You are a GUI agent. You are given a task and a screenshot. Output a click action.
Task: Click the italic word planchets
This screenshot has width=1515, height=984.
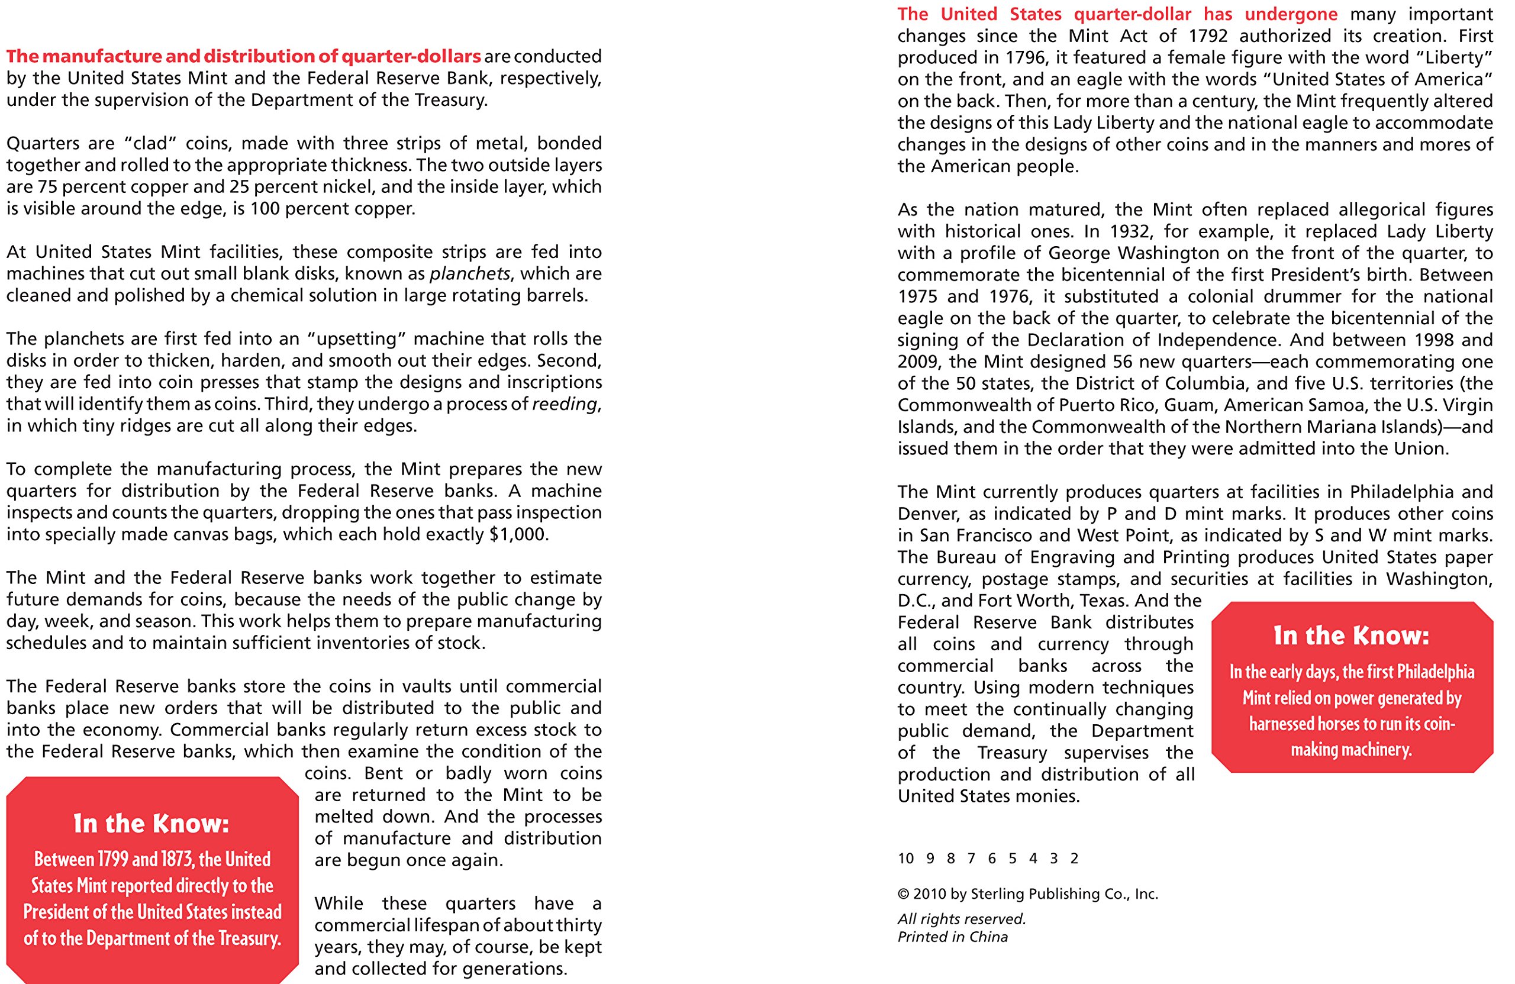click(x=470, y=275)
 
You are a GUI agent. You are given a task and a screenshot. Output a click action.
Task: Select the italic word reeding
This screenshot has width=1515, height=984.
click(x=565, y=405)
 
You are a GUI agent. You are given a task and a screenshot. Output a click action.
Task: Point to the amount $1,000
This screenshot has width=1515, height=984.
click(x=517, y=535)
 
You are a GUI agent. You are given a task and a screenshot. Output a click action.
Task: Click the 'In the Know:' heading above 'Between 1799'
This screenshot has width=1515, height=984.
click(x=151, y=824)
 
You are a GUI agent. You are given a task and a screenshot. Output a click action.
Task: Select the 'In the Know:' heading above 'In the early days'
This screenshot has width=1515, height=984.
click(x=1352, y=636)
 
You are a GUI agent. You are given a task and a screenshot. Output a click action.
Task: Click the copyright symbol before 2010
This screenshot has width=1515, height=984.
click(x=903, y=894)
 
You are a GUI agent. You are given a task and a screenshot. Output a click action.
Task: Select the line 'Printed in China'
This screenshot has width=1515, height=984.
click(x=952, y=937)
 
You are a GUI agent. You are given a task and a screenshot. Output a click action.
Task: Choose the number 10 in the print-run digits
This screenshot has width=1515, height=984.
click(x=905, y=859)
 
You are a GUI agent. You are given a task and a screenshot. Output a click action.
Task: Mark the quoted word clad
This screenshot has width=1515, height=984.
click(x=150, y=144)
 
